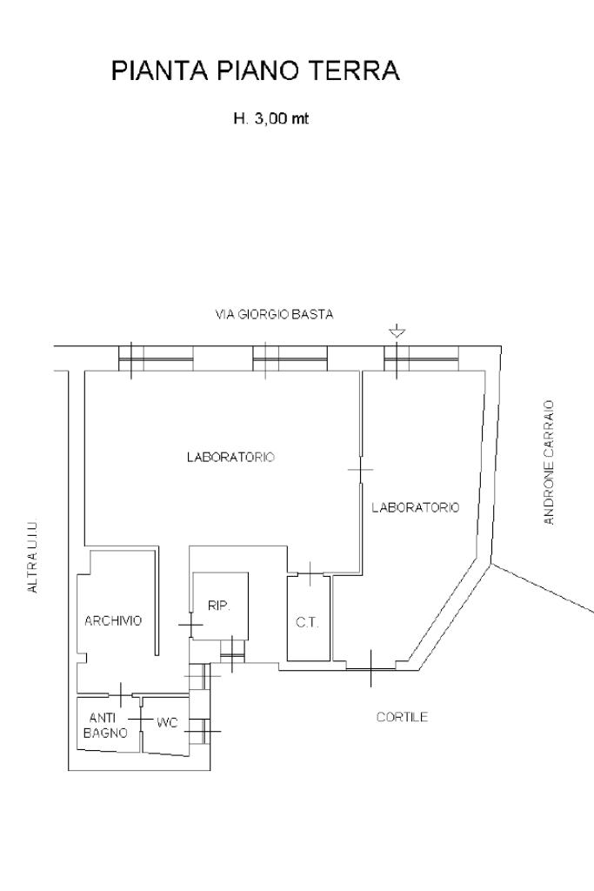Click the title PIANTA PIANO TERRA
[x=256, y=71]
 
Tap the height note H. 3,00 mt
[x=270, y=118]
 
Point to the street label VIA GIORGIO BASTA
[x=274, y=314]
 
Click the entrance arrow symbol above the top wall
[x=397, y=331]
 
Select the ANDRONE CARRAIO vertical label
[x=548, y=462]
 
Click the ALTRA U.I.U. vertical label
[x=33, y=557]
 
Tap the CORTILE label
[x=402, y=717]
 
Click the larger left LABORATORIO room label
[x=231, y=457]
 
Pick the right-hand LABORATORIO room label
[x=416, y=507]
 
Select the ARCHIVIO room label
[x=113, y=620]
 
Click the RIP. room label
[x=219, y=606]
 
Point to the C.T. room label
[x=307, y=623]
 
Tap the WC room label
[x=168, y=723]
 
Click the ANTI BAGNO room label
[x=105, y=726]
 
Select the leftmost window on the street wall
[x=156, y=358]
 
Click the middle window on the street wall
[x=290, y=358]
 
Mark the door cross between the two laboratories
[x=361, y=469]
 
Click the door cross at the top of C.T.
[x=310, y=574]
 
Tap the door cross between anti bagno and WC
[x=140, y=719]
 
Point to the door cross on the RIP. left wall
[x=190, y=625]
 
